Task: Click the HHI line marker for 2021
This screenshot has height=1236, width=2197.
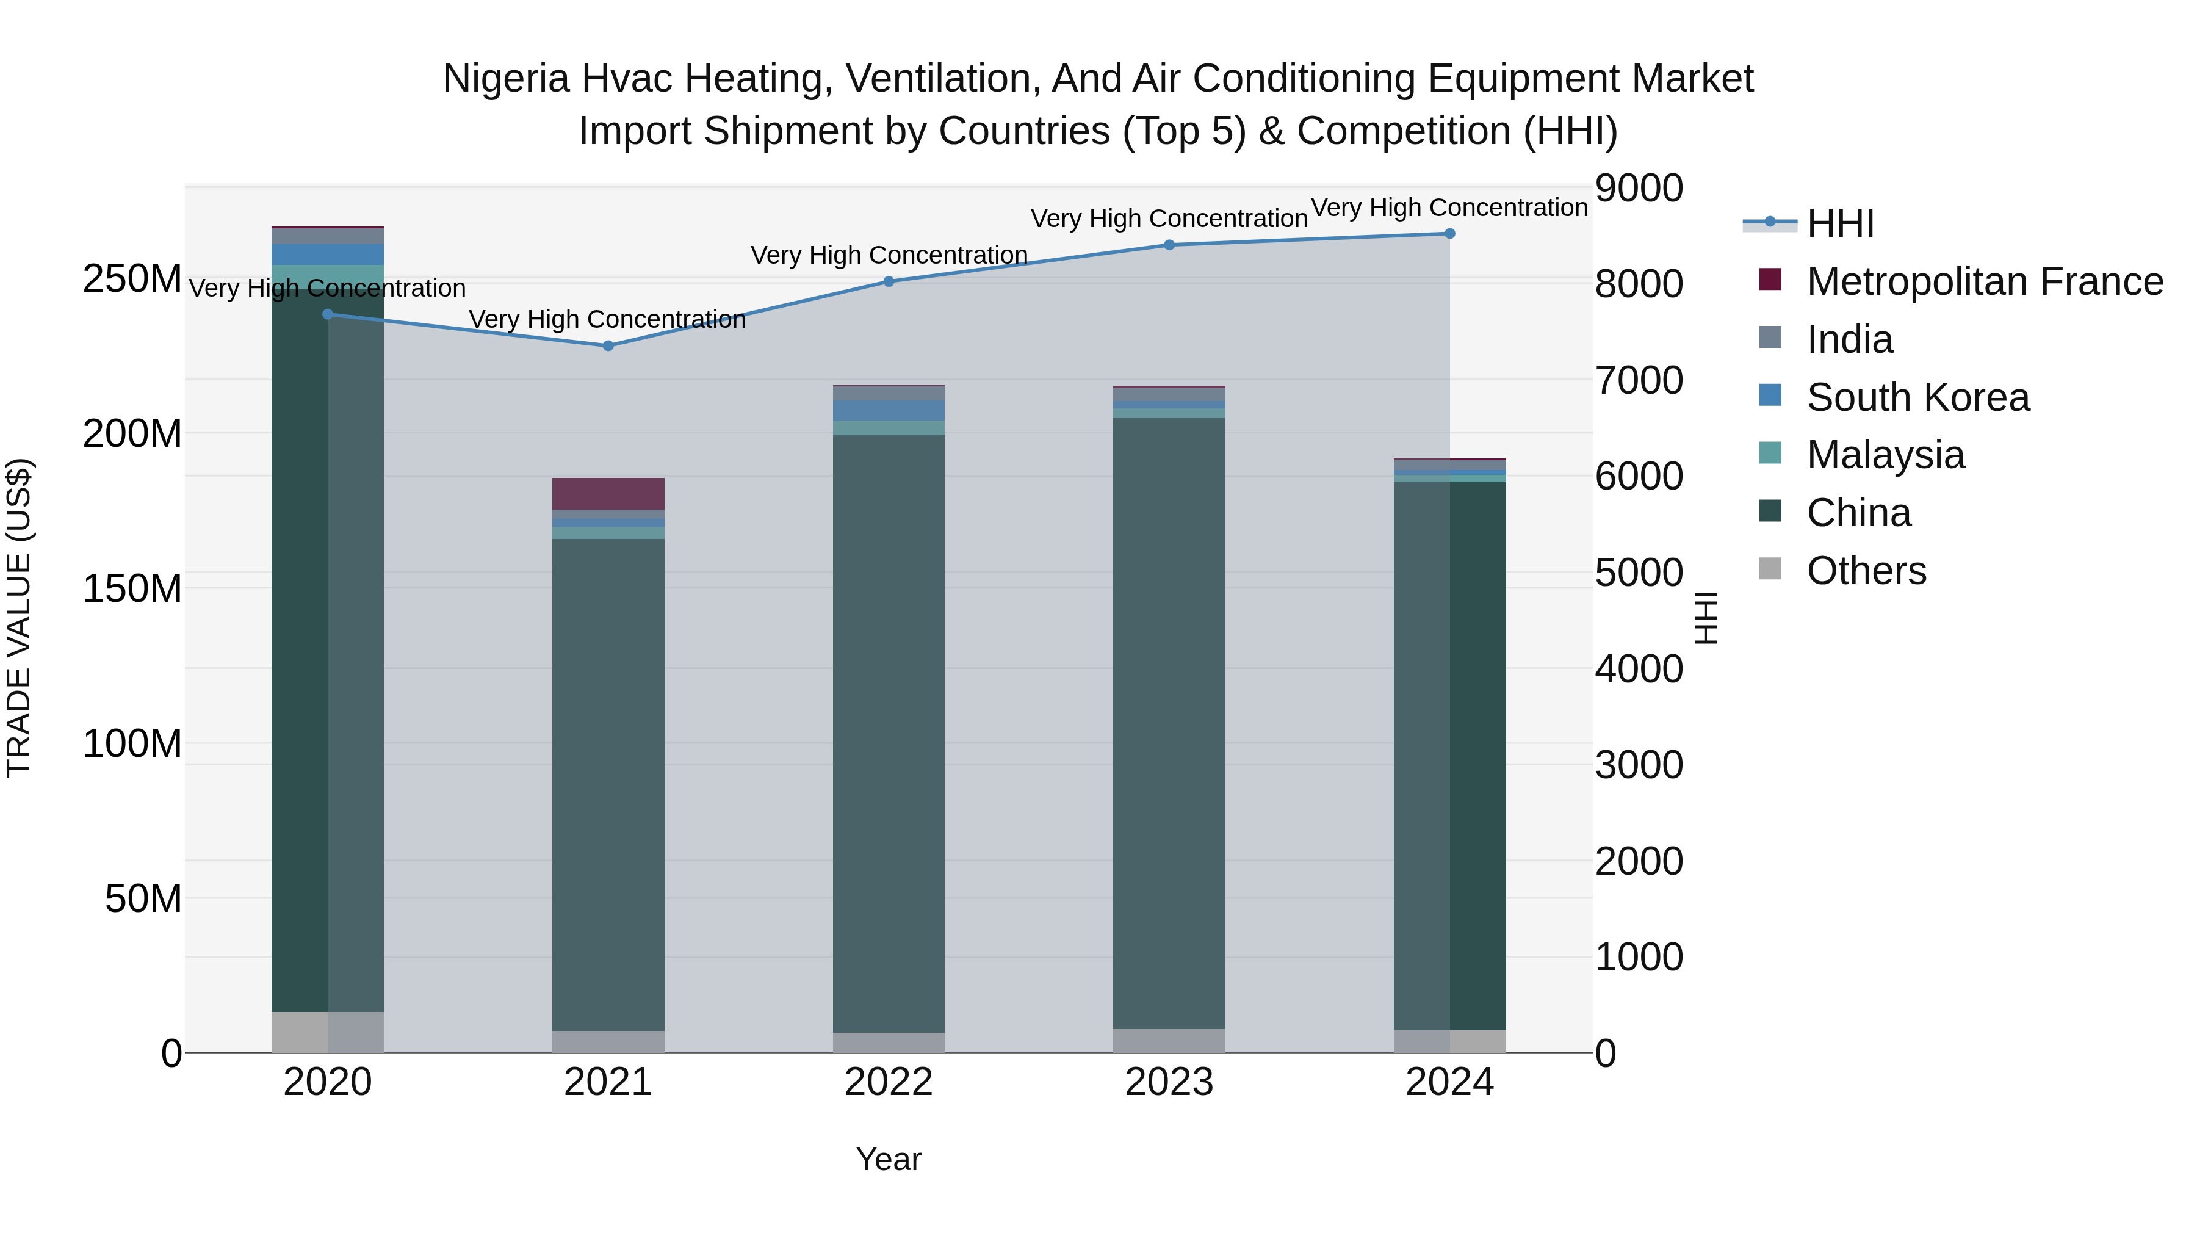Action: click(608, 345)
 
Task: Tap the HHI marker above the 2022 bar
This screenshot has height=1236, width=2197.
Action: click(889, 281)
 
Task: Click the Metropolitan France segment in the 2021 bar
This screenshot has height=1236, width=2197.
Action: click(608, 494)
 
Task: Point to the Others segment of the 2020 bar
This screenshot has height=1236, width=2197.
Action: click(328, 1032)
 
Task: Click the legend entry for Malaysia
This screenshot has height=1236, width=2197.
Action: click(1885, 455)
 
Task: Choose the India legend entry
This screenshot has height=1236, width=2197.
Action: click(1849, 339)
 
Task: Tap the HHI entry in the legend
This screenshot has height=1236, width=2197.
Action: click(1839, 223)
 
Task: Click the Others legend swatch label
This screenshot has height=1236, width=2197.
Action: click(1866, 571)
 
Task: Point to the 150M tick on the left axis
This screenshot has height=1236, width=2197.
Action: click(132, 588)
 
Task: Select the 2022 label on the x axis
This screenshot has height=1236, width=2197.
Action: click(889, 1082)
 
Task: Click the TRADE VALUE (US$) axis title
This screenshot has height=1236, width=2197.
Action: click(19, 618)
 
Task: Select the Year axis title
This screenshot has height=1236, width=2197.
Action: click(889, 1159)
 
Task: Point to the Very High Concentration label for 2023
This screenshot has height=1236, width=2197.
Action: click(1169, 219)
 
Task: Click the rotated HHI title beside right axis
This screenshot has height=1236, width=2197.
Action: click(1705, 618)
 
